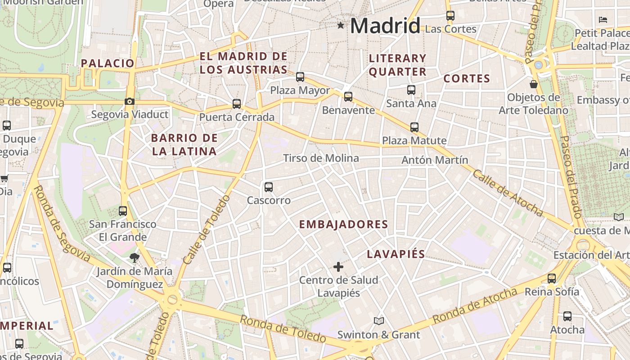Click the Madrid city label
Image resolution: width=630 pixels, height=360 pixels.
tap(385, 26)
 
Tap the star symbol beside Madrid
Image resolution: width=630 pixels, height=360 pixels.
tap(341, 26)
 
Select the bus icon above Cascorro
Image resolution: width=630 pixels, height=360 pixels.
tap(269, 187)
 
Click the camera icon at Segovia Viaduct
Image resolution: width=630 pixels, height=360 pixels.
tap(130, 101)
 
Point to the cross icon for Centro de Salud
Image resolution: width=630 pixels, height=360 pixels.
tap(338, 267)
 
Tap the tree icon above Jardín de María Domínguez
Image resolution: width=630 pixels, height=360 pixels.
tap(134, 258)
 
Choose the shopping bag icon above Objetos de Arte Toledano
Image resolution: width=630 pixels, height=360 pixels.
tap(534, 84)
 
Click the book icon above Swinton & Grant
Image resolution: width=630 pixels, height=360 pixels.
tap(379, 321)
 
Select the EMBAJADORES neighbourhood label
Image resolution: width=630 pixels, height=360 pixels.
tap(343, 225)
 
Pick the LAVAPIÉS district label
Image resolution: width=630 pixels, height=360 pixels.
tap(396, 254)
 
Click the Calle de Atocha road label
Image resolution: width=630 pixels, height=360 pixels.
tap(507, 192)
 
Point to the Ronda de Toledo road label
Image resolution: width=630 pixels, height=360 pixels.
tap(283, 329)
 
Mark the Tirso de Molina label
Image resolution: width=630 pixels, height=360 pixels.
tap(321, 158)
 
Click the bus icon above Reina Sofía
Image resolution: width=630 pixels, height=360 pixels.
tap(552, 278)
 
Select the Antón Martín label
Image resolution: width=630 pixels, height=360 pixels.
tap(435, 160)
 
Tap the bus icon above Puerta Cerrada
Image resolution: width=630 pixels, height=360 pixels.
tap(237, 104)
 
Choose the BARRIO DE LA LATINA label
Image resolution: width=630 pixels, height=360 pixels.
tap(184, 144)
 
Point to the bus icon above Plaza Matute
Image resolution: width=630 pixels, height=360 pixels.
tap(414, 127)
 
